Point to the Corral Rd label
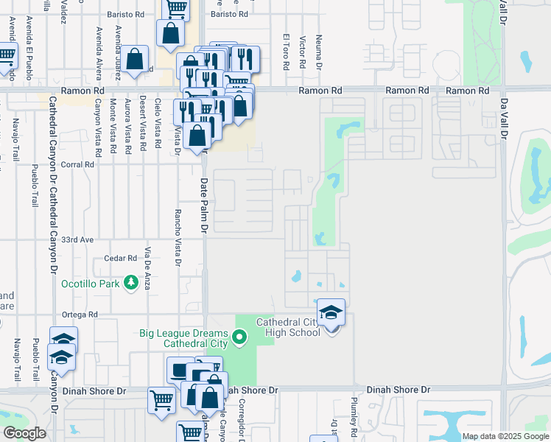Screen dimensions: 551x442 click(x=79, y=165)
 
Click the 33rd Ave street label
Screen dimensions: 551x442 click(x=78, y=240)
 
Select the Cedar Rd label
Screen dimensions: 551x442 click(x=122, y=258)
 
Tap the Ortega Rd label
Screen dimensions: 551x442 click(x=80, y=315)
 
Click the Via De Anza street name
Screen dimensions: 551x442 click(x=147, y=269)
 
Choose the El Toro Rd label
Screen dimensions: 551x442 click(x=286, y=51)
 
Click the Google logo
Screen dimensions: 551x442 click(x=24, y=433)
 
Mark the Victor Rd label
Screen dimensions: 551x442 click(x=303, y=52)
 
